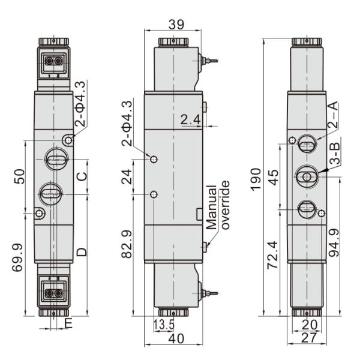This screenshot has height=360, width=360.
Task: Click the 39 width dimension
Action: [176, 25]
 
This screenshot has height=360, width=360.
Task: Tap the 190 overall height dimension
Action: [256, 179]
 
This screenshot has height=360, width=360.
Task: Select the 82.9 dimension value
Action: [127, 244]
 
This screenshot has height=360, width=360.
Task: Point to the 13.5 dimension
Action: [164, 325]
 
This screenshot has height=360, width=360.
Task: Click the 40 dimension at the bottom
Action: [176, 338]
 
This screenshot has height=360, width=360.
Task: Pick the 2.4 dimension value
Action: [190, 119]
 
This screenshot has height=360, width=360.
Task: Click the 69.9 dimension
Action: [17, 257]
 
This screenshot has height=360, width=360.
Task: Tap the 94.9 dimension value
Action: [334, 242]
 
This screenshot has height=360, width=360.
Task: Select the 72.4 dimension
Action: [272, 255]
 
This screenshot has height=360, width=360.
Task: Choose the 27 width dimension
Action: [309, 338]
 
